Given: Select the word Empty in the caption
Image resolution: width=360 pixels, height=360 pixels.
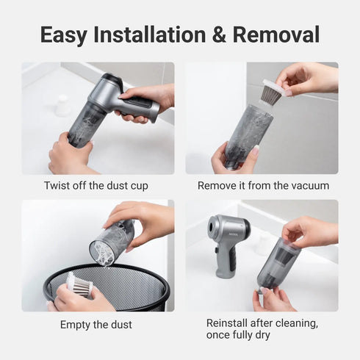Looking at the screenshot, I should pos(76,324).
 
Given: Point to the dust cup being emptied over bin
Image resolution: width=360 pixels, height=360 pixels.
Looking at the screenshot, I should pos(112,242).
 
